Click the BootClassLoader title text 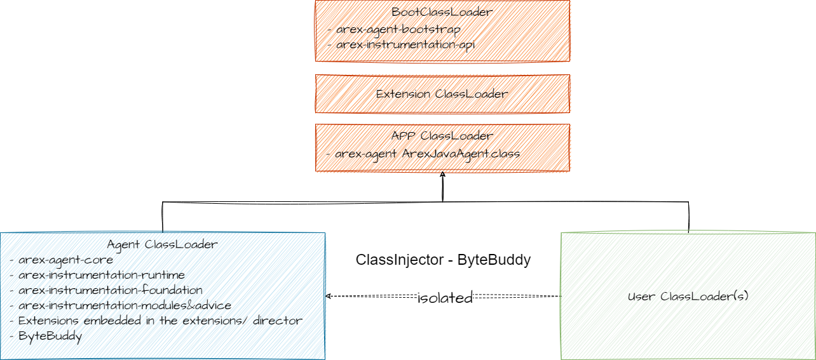tap(442, 12)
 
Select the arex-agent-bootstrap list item tap(394, 29)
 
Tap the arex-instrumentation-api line tap(401, 45)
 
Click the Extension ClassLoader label tap(442, 94)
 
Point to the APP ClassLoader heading tap(442, 136)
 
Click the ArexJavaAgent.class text tap(461, 154)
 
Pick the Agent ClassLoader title tap(163, 244)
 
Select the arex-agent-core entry tap(61, 260)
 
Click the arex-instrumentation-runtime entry tap(97, 275)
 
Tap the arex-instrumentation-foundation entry tap(105, 290)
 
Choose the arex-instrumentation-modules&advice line tap(120, 305)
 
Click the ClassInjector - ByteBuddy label tap(443, 260)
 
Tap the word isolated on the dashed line tap(445, 298)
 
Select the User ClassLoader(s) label tap(688, 297)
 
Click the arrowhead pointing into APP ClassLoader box tap(442, 175)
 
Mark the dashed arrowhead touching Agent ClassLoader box tap(328, 296)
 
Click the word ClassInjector tap(400, 260)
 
